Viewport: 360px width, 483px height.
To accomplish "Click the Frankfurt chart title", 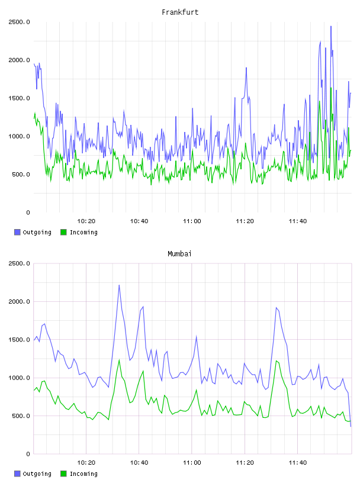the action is [180, 12].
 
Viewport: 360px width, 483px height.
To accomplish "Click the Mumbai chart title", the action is [179, 254].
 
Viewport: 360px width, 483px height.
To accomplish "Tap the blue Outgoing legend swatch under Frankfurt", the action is [17, 232].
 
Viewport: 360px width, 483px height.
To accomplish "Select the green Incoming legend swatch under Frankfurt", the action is [63, 232].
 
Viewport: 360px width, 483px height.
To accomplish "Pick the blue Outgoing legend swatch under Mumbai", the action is [17, 474].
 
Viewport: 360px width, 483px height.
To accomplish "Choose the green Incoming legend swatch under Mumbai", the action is [63, 474].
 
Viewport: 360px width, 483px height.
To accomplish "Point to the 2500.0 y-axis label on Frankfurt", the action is [19, 22].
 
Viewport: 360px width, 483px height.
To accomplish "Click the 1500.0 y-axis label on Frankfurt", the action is [19, 98].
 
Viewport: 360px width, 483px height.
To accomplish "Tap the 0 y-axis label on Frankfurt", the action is [28, 212].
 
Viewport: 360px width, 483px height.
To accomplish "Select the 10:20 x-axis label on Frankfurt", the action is [86, 221].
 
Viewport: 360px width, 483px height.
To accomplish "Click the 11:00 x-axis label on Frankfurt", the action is [192, 221].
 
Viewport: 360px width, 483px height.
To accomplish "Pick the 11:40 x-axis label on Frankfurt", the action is [297, 221].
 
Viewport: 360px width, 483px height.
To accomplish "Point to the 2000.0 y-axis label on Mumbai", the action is [19, 301].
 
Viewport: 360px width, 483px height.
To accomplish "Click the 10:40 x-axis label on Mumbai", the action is [139, 463].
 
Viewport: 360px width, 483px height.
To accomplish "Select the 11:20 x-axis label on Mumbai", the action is [245, 463].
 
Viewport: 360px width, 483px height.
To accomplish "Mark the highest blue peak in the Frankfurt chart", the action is [331, 27].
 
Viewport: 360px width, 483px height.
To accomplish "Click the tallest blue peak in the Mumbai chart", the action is [119, 285].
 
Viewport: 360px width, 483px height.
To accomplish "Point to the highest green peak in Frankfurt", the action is [331, 88].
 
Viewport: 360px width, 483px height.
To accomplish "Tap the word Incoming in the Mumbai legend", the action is [83, 474].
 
